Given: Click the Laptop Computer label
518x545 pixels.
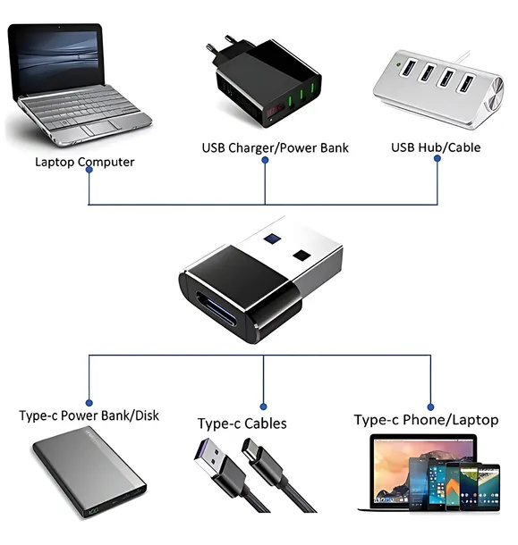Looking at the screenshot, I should point(84,162).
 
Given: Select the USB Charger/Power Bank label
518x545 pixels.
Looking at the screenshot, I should point(275,147).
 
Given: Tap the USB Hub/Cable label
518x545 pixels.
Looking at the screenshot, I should point(436,147).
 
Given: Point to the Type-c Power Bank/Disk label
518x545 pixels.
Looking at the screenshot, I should point(89,415).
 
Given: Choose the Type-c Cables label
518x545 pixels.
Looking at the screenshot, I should point(242,423).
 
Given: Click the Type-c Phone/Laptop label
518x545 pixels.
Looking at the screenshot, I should point(426,419).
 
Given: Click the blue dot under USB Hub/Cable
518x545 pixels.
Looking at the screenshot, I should point(437,159).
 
